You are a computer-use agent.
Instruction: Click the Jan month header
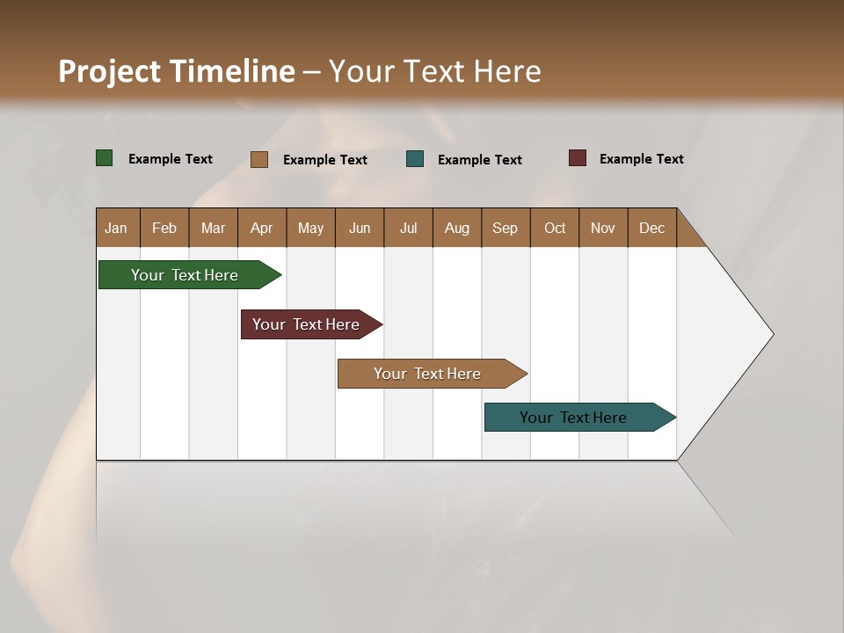point(117,228)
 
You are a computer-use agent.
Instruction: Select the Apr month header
point(261,228)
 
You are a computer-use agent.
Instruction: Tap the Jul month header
point(408,228)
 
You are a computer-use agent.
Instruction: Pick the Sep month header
point(505,228)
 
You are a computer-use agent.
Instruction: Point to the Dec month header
point(651,228)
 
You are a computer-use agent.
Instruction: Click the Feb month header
point(164,228)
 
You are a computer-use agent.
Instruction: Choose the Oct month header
point(555,228)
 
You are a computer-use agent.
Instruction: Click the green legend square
point(105,158)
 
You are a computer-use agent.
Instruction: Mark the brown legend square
point(259,159)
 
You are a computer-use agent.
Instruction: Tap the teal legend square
point(415,159)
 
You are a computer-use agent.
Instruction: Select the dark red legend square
point(578,158)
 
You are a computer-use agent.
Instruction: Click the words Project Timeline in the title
point(177,71)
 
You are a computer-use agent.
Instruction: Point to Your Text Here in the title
point(435,71)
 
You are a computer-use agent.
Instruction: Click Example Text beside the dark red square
point(641,159)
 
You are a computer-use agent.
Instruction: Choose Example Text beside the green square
point(171,159)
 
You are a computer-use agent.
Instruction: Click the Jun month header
point(360,228)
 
